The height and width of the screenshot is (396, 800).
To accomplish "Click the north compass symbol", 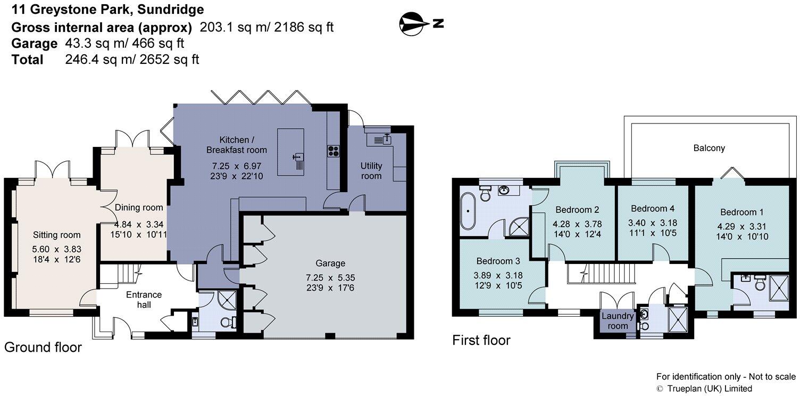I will tap(415, 23).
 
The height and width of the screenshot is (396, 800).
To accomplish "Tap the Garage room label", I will tap(330, 263).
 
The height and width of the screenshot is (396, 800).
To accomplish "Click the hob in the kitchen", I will tap(334, 151).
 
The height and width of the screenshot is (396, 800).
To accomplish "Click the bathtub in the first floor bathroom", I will tap(469, 211).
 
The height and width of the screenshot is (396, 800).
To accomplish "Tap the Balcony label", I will tap(709, 148).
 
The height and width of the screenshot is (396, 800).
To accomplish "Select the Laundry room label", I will tap(618, 321).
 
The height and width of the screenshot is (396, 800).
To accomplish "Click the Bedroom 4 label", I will tap(652, 208).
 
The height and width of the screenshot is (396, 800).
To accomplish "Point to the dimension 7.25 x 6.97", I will tap(237, 166).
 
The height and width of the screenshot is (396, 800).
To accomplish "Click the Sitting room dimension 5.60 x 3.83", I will tap(57, 248).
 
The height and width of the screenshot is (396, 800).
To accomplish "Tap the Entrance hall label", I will tap(144, 300).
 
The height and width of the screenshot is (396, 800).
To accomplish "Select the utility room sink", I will tap(383, 140).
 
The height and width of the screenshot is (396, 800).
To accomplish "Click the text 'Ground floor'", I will tap(43, 348).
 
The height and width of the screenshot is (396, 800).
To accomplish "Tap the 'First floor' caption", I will tap(481, 340).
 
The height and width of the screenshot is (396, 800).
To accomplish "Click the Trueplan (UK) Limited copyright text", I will tap(704, 389).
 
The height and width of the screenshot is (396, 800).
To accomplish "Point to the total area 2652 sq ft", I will tap(169, 59).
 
